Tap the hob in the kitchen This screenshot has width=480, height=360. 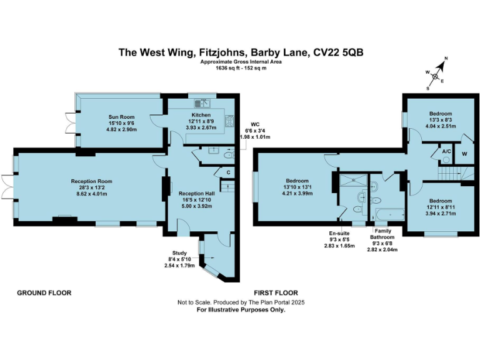[229, 121]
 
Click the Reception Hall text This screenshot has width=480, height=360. [196, 194]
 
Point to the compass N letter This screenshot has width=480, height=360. [446, 59]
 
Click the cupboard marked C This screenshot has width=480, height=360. [229, 172]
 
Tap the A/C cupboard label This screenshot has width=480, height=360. [446, 152]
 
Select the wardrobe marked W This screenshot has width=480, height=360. [464, 153]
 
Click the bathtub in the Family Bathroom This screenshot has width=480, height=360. [387, 215]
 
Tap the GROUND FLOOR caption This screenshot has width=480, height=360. [44, 292]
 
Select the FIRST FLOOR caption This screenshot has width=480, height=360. [276, 292]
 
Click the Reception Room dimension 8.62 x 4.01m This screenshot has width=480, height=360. [87, 194]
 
